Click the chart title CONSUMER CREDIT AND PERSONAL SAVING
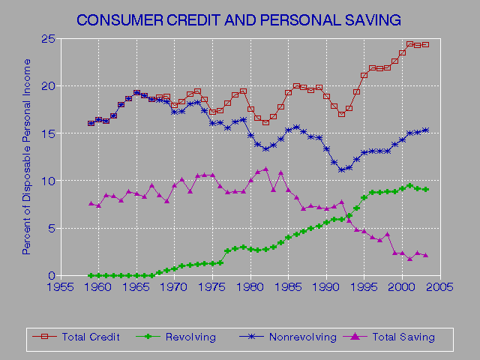pyautogui.click(x=239, y=18)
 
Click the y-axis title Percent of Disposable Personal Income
pyautogui.click(x=26, y=157)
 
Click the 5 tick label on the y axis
pyautogui.click(x=48, y=228)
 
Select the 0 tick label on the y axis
pyautogui.click(x=48, y=275)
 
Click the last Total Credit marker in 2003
pyautogui.click(x=425, y=44)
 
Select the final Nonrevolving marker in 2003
pyautogui.click(x=425, y=130)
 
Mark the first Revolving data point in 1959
pyautogui.click(x=91, y=275)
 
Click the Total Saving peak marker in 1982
pyautogui.click(x=265, y=169)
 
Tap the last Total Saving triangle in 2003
pyautogui.click(x=425, y=255)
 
